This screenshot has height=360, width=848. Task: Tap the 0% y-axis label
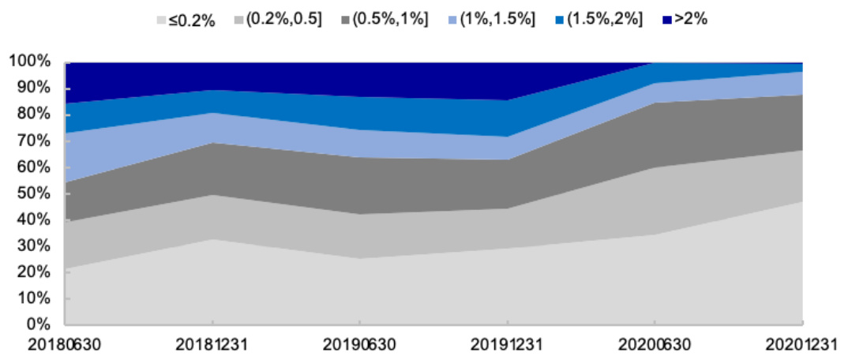pos(40,324)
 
